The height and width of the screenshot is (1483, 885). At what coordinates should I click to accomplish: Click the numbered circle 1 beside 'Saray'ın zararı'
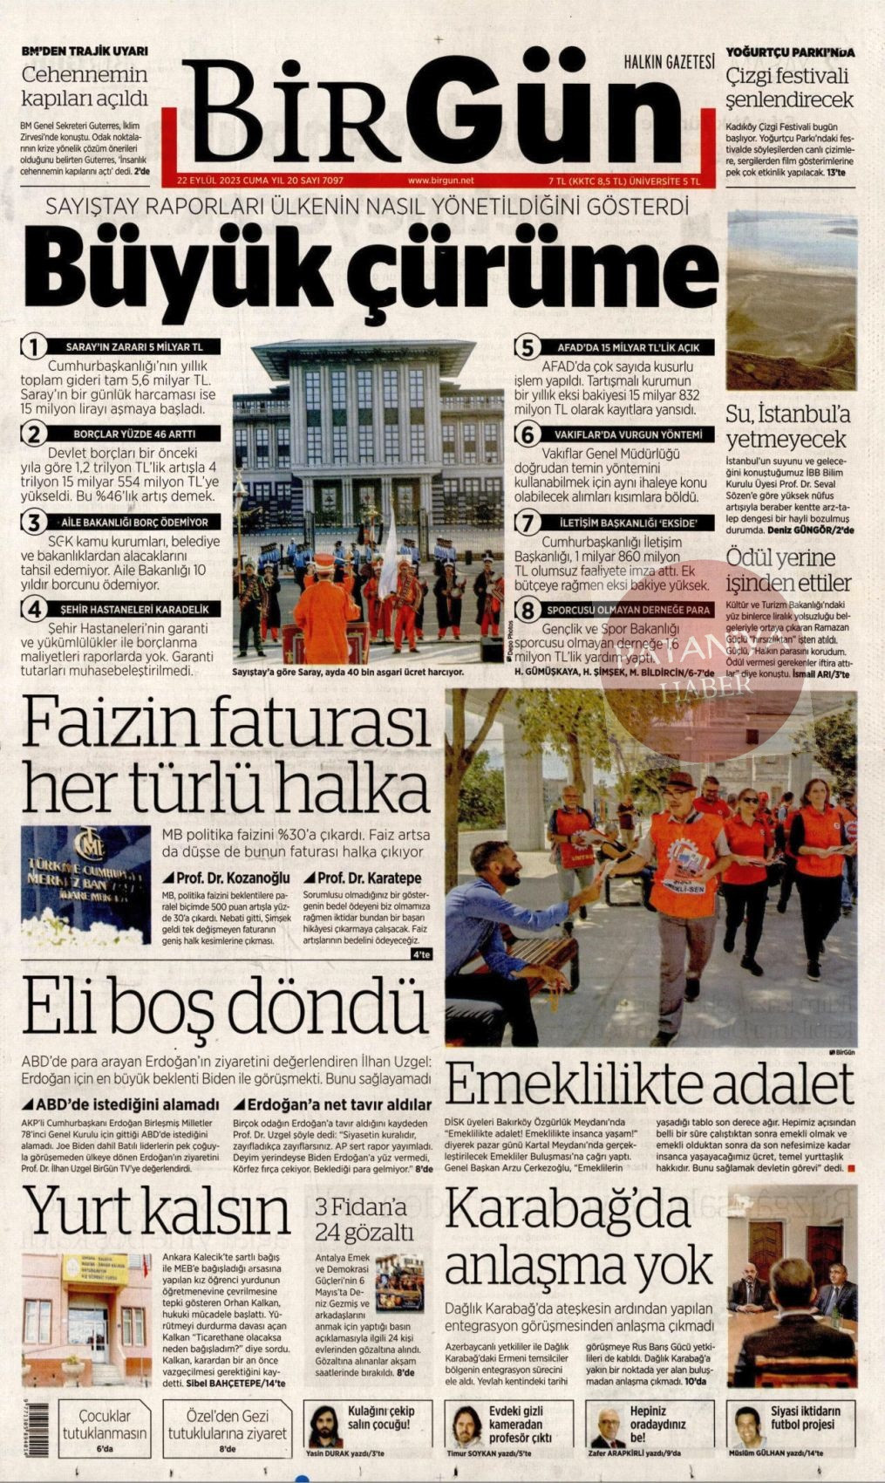point(33,346)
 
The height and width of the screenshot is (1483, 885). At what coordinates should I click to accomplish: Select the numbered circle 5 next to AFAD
point(526,347)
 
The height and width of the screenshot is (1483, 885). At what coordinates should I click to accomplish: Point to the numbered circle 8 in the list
point(527,611)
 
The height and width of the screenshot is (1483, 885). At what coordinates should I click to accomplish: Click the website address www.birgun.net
point(440,180)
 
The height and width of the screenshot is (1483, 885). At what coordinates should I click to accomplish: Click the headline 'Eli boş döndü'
point(225,1007)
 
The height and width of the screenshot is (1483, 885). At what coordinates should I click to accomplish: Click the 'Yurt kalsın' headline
point(157,1213)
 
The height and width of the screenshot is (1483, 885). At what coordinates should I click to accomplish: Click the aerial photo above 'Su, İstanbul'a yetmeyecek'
point(791,299)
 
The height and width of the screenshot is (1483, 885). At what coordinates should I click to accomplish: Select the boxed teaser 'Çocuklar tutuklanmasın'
point(104,1425)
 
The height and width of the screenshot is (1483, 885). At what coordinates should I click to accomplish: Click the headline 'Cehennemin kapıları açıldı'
point(85,85)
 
